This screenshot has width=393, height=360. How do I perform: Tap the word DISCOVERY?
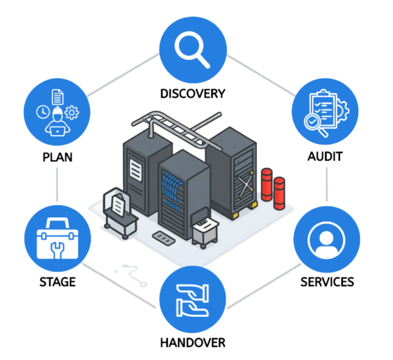coord(193,93)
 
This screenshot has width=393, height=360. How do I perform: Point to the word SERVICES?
coord(327,282)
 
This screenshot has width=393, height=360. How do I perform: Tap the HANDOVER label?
coord(193,343)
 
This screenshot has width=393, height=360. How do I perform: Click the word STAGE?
coord(57,282)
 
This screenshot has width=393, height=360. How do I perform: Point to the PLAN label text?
coord(57,157)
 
